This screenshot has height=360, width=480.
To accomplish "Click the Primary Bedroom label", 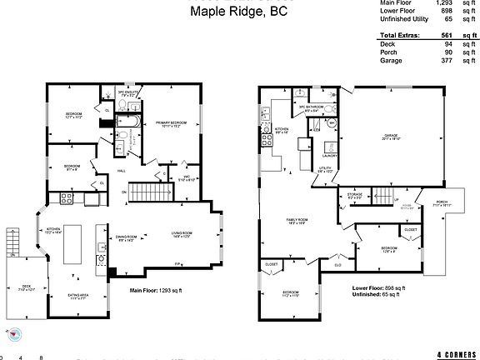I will [170, 123].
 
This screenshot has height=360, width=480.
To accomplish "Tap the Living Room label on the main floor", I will [182, 234].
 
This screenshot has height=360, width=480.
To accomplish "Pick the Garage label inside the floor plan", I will [391, 137].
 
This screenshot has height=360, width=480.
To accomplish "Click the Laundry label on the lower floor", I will [329, 156].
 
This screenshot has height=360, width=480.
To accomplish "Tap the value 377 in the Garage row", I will [445, 61].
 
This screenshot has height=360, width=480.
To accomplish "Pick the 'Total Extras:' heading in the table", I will [398, 36].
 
